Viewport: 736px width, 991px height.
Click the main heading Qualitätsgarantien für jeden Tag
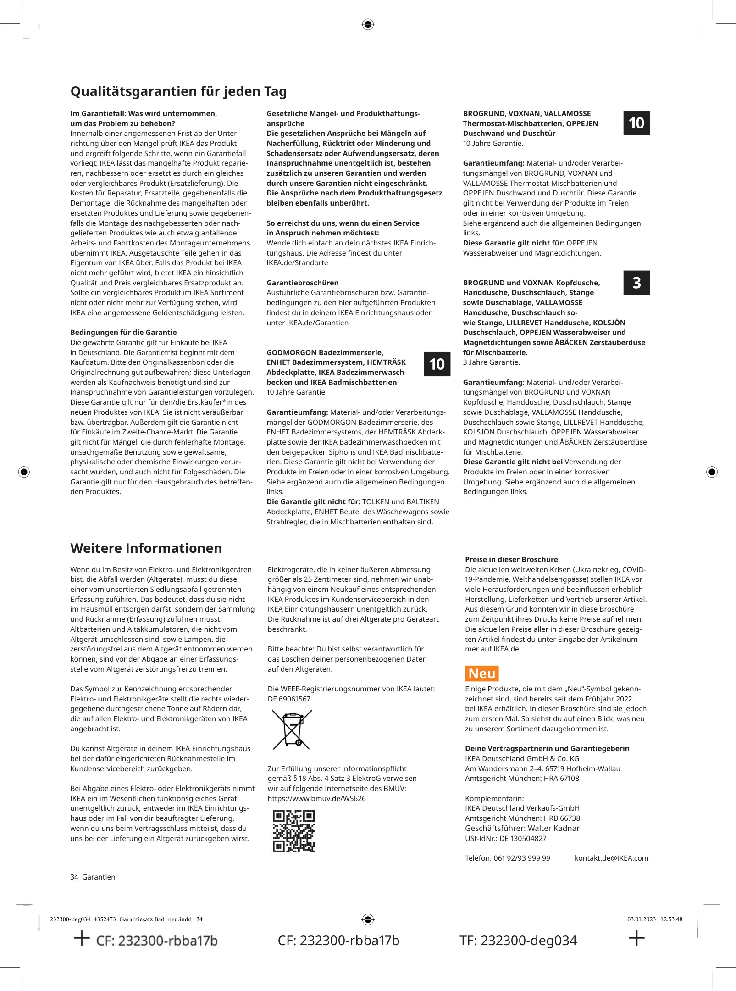[x=178, y=91]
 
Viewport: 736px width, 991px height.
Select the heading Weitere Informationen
[x=146, y=548]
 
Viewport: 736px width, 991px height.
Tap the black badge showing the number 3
[x=636, y=283]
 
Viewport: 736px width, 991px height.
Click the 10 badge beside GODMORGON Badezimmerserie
[x=437, y=364]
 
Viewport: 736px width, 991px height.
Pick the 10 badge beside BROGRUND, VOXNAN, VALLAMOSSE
[x=636, y=123]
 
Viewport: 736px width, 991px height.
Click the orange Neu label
[x=481, y=674]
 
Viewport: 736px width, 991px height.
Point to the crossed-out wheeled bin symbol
[x=292, y=730]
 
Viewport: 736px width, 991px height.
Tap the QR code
[x=293, y=831]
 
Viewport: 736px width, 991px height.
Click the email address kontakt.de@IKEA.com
[x=611, y=858]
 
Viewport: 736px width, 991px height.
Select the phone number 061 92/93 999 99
[x=521, y=858]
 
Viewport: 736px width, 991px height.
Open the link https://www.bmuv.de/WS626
[x=316, y=798]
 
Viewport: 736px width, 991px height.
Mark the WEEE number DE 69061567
[x=289, y=699]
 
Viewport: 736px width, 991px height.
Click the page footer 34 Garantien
[x=93, y=877]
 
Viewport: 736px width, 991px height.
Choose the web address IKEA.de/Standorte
[x=297, y=263]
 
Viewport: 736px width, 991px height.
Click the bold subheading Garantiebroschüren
[x=302, y=283]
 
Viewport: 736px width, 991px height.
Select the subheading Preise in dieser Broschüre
[x=511, y=559]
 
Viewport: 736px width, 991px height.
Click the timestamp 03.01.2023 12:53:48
[x=654, y=919]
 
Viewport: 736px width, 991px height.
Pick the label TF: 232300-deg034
[x=518, y=941]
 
